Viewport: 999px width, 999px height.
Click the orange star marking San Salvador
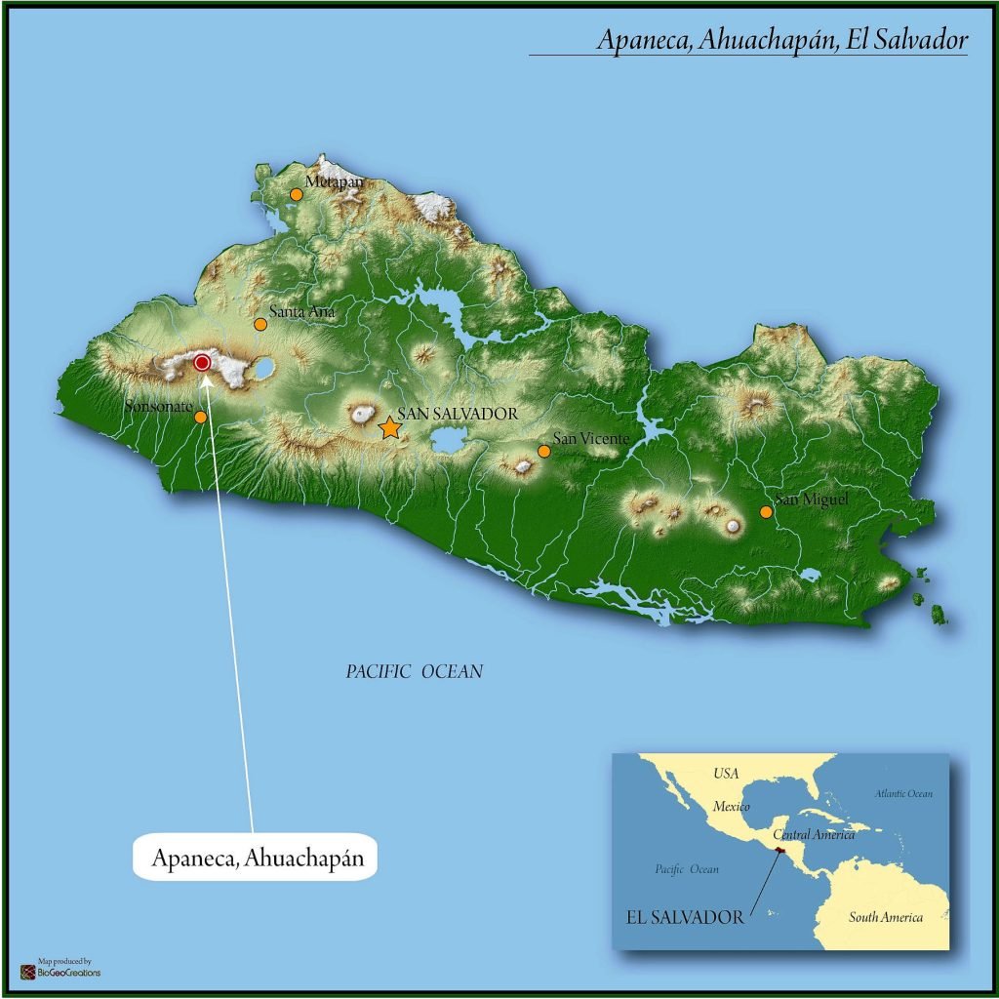tap(390, 427)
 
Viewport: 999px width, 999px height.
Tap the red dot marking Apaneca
tap(202, 363)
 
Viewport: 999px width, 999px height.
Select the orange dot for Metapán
tap(297, 194)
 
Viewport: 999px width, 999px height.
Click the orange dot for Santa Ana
tap(260, 324)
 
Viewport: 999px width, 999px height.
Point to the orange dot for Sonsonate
tap(201, 418)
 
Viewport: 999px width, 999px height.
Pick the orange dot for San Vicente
tap(544, 451)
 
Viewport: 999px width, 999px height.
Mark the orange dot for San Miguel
tap(767, 511)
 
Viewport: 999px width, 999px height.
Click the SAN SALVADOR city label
tap(458, 414)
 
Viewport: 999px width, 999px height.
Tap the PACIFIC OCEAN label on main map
tap(415, 671)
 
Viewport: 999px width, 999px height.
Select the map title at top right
tap(781, 41)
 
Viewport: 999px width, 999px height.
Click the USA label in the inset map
tap(727, 773)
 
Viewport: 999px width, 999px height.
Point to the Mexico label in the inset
tap(732, 807)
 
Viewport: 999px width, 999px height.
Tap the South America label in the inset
tap(886, 917)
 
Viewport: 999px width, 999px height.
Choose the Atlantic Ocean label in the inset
tap(904, 794)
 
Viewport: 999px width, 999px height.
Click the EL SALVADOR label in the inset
tap(685, 917)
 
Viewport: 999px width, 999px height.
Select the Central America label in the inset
tap(814, 835)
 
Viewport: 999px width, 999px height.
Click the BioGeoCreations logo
tap(60, 970)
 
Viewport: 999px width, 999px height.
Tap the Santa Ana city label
tap(302, 312)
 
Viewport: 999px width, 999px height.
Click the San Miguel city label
tap(812, 499)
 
